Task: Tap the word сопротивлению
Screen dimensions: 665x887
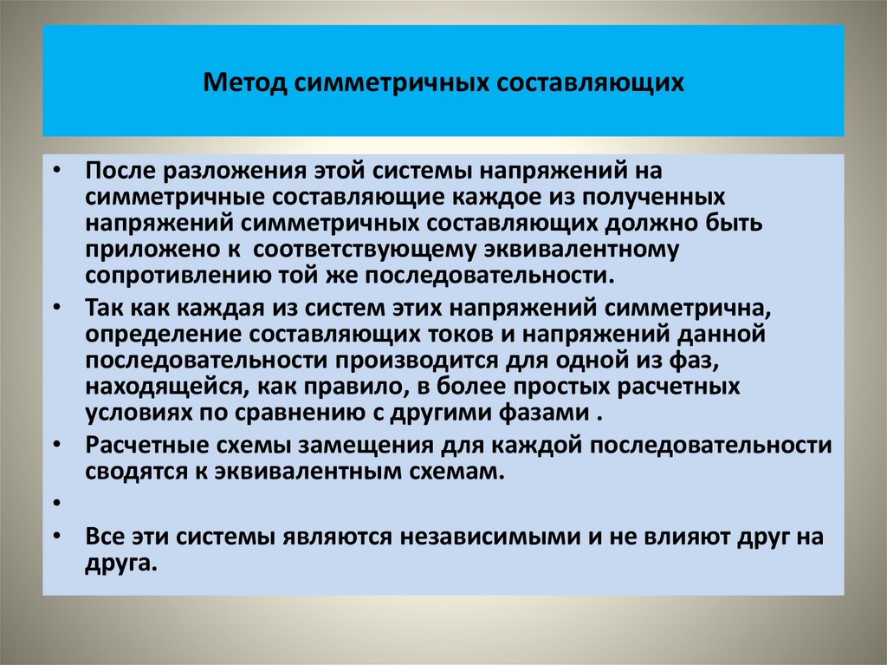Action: [162, 276]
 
